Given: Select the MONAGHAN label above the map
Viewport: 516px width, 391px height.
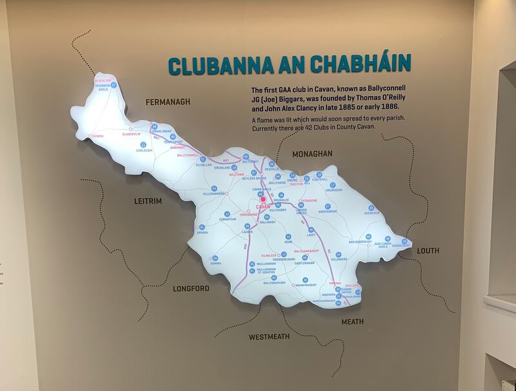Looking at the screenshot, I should pos(312,154).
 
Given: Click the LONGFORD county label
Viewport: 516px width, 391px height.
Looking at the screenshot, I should pos(191,289).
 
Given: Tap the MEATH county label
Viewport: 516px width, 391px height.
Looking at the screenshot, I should pos(352,321).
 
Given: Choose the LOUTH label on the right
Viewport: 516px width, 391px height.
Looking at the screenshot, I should pos(428,251).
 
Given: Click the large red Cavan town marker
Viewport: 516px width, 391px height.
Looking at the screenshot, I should pos(263,200).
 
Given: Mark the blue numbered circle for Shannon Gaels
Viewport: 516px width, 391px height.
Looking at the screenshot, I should pos(114,84).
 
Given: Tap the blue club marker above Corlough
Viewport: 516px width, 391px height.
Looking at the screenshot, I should pos(143,144).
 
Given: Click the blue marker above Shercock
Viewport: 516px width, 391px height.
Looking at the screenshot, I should pos(371,207).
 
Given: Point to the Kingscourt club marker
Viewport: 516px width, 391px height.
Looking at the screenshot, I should pos(404,240).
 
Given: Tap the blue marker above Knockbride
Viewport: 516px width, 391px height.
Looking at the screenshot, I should pos(328,206).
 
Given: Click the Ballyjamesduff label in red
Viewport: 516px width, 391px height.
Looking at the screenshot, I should pos(307,251).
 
